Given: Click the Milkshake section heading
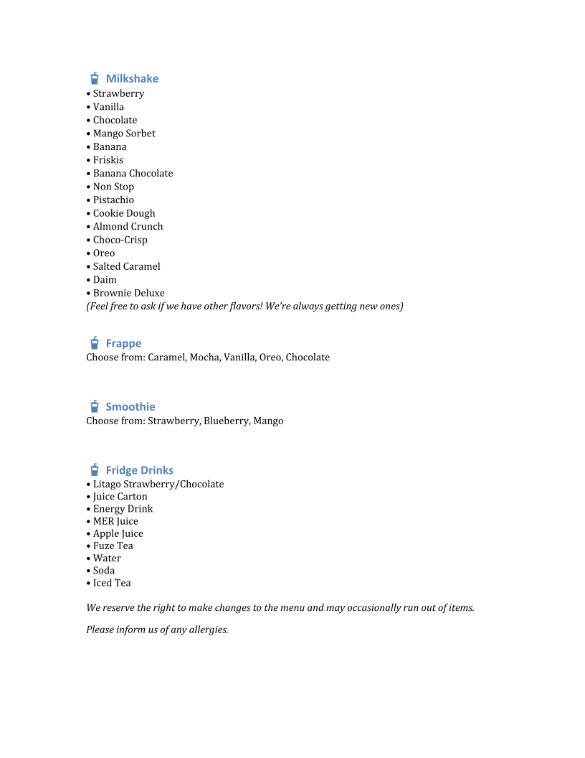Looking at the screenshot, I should click(x=132, y=78).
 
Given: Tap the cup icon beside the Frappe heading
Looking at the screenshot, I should click(x=94, y=343).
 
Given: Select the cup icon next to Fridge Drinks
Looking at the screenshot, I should click(x=94, y=470).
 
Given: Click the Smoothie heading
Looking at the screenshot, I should click(x=130, y=406).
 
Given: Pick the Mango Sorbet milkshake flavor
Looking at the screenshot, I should click(x=124, y=134).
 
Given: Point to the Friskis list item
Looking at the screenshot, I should click(x=108, y=160).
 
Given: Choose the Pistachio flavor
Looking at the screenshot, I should click(x=113, y=200).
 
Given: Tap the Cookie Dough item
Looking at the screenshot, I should click(x=124, y=213).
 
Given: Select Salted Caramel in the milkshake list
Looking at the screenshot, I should click(x=127, y=266).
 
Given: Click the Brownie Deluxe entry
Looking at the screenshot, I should click(x=129, y=293).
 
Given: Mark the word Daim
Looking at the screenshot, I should click(x=105, y=280).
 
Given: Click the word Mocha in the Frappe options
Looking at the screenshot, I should click(x=204, y=357).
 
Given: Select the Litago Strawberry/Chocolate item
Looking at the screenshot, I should click(x=158, y=485).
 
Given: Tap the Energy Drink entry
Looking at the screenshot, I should click(x=123, y=509).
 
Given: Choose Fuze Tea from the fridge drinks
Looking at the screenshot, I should click(x=113, y=546).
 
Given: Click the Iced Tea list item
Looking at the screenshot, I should click(x=112, y=583).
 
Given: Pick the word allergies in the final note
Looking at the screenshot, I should click(x=207, y=630).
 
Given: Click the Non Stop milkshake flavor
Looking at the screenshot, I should click(x=113, y=187).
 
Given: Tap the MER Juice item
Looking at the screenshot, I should click(x=115, y=521).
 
